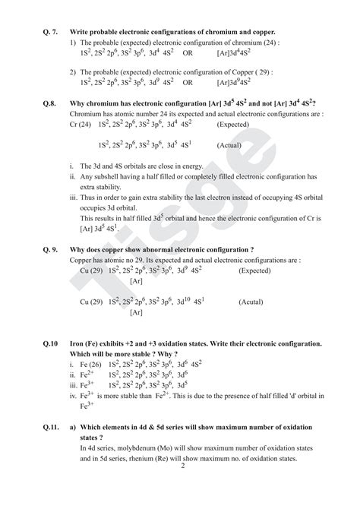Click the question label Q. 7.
50,32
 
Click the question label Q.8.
49,103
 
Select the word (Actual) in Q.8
230,144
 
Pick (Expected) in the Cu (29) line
254,270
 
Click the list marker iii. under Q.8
73,197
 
